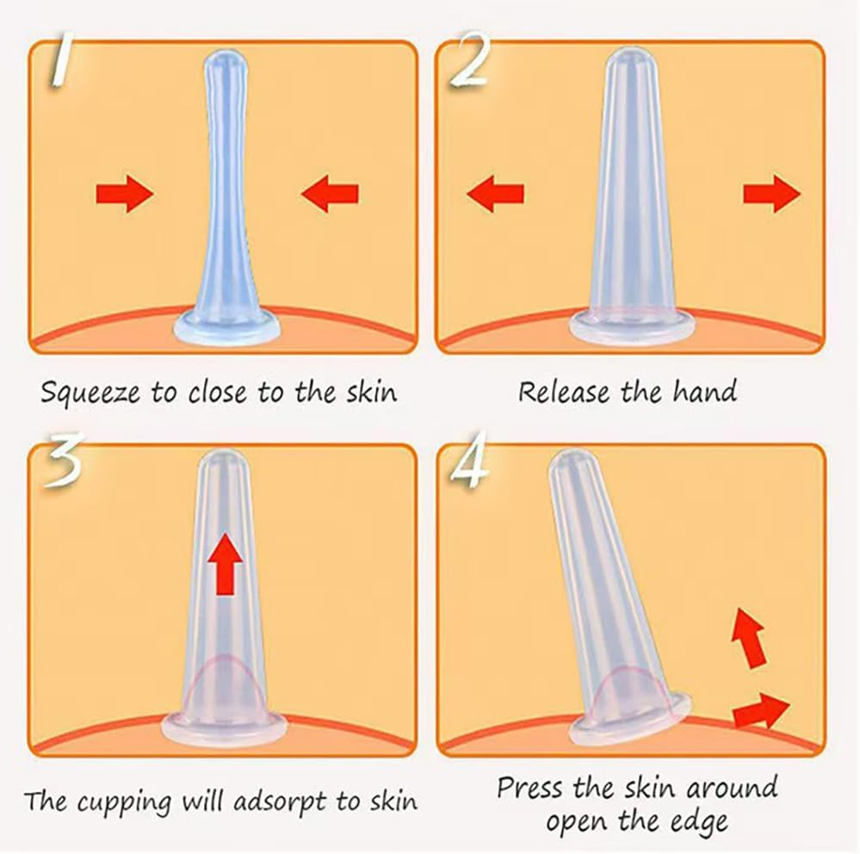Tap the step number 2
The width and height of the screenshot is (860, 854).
(469, 59)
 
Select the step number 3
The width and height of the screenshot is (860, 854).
(63, 460)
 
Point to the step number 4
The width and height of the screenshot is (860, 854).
(469, 460)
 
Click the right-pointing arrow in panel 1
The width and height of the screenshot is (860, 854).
(125, 194)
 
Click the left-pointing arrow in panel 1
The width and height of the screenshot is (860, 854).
(330, 194)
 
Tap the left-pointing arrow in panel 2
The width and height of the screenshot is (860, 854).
(495, 194)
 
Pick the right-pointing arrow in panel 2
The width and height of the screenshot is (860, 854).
(771, 194)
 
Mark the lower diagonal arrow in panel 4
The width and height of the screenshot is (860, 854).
(761, 711)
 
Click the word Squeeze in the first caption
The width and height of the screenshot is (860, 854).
(90, 393)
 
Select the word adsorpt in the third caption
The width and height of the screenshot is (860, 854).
(282, 802)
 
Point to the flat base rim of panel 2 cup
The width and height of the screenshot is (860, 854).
(632, 331)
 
